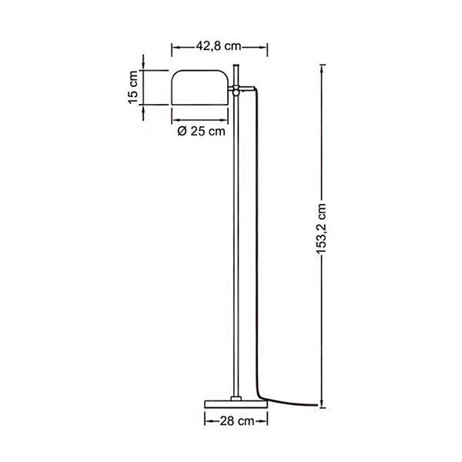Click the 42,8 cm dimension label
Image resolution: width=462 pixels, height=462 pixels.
click(219, 46)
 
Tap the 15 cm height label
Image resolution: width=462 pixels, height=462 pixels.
click(132, 88)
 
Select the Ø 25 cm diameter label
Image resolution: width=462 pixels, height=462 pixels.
click(201, 132)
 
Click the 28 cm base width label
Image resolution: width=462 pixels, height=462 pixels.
click(235, 421)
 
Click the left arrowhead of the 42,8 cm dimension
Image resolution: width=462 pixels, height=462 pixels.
click(173, 46)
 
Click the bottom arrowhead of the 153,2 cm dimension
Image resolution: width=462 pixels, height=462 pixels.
click(321, 406)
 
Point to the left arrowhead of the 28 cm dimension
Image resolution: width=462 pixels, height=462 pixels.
click(207, 421)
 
